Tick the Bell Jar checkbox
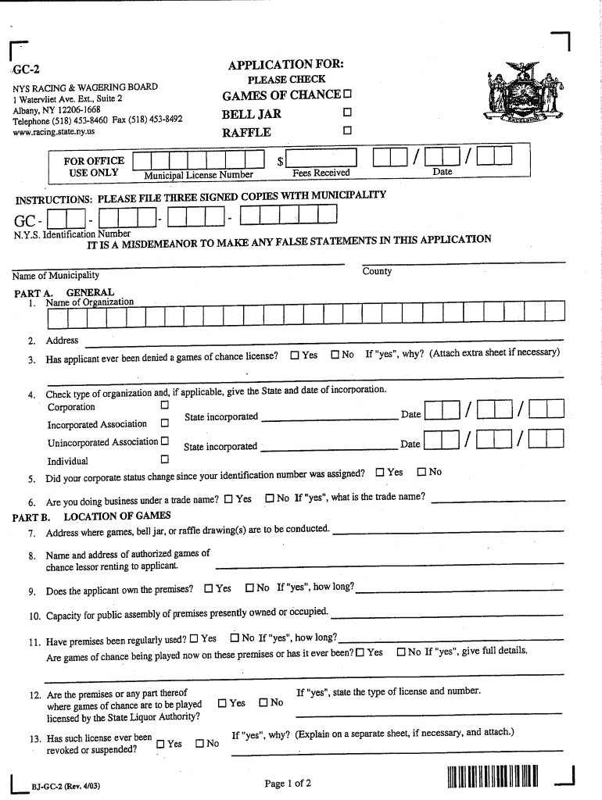coord(348,113)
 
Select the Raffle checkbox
coord(348,130)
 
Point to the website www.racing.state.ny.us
coord(54,131)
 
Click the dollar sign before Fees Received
coord(281,161)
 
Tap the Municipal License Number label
coord(199,175)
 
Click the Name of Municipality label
coord(56,275)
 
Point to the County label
coord(377,271)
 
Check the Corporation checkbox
coord(164,406)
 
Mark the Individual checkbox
coord(164,459)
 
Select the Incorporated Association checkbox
coord(164,423)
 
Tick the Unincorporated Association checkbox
coord(164,441)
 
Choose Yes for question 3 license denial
coord(295,355)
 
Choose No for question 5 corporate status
coord(421,472)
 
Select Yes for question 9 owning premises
coord(209,587)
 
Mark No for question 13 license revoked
coord(200,743)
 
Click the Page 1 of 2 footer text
coord(288,783)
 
